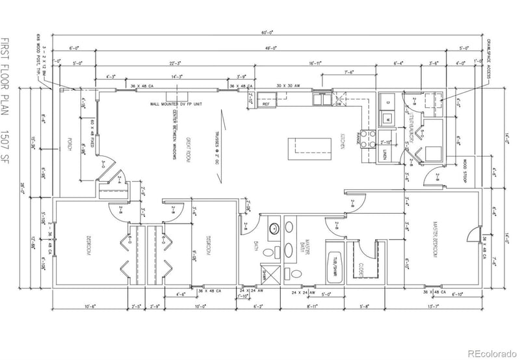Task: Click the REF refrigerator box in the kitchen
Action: (266, 103)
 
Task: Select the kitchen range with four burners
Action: (369, 137)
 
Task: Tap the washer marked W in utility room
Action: (385, 120)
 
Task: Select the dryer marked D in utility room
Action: (385, 102)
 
